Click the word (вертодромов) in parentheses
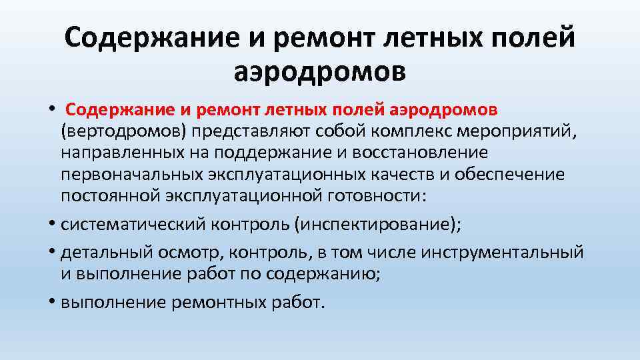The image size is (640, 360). (122, 131)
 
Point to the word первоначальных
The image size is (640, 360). (131, 175)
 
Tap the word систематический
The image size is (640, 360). (126, 225)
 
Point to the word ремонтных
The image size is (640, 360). (214, 303)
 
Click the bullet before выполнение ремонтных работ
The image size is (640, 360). (52, 303)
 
